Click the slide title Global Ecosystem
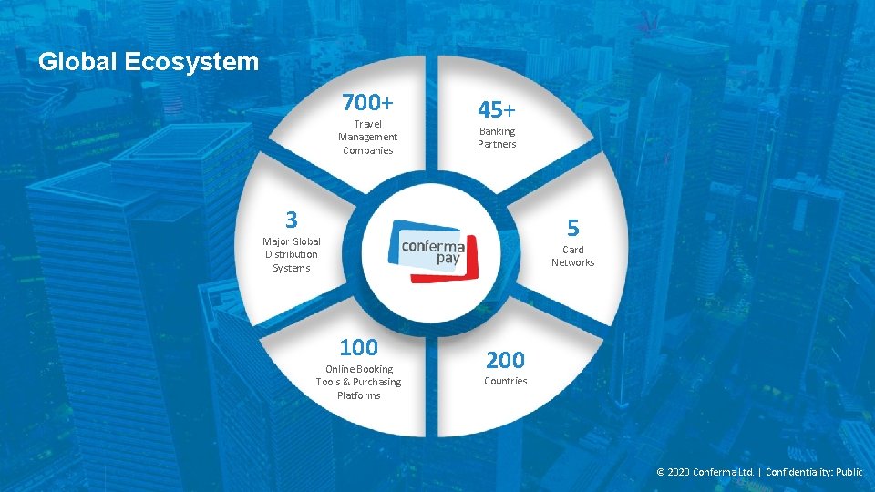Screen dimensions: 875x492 [149, 62]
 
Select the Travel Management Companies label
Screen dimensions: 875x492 [367, 137]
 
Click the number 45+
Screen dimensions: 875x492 [497, 109]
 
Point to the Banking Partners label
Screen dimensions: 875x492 [497, 138]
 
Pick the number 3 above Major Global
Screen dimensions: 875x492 [291, 220]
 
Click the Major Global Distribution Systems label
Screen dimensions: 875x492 [291, 254]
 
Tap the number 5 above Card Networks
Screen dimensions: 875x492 [572, 226]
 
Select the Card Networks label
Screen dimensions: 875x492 [572, 256]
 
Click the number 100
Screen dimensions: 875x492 [358, 347]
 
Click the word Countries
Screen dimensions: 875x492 [505, 381]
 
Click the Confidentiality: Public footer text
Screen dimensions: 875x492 [814, 472]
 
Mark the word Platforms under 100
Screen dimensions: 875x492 [358, 395]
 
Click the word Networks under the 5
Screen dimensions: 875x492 [572, 262]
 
